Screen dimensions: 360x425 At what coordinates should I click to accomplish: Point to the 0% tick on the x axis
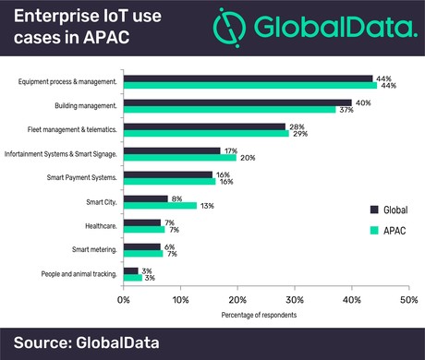[x=124, y=299]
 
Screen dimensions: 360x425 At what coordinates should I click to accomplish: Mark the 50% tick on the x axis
[x=407, y=299]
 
